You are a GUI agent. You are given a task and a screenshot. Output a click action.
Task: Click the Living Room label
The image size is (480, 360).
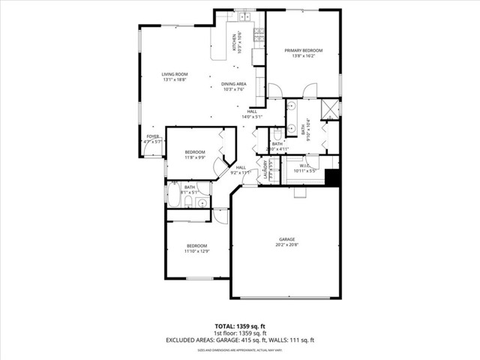click(175, 73)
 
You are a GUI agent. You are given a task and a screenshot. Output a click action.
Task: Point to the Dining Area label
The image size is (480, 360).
click(233, 84)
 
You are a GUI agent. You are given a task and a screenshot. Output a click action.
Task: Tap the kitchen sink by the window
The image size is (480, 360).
click(244, 15)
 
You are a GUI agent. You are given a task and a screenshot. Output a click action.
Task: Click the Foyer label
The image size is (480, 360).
click(153, 136)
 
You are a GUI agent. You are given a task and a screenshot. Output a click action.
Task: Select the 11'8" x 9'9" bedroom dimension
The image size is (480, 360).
click(195, 157)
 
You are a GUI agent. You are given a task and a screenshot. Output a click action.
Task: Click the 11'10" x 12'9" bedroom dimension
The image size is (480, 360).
click(196, 251)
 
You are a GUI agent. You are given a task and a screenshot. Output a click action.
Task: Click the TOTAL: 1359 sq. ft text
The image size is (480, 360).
click(239, 326)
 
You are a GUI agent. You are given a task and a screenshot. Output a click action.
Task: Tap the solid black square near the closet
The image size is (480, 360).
click(334, 178)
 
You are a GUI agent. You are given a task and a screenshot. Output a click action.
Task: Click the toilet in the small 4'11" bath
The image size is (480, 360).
click(276, 135)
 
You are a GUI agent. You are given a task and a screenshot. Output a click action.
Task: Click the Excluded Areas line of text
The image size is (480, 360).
click(239, 340)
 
